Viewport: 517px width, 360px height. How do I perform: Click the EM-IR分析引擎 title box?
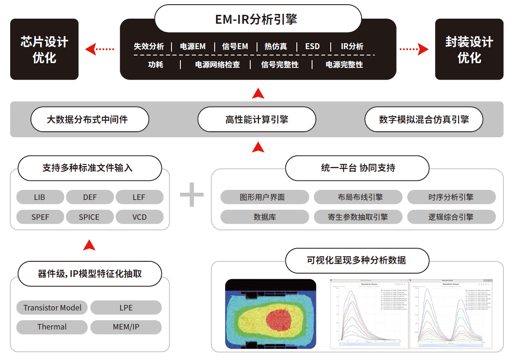[257, 19]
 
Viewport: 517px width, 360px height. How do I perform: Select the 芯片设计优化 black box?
[44, 50]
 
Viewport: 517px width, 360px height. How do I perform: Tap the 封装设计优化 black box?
[469, 50]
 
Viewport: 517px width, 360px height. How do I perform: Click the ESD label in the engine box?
[312, 47]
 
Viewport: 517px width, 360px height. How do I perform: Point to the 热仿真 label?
[276, 47]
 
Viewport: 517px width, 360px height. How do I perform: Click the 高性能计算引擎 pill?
[257, 119]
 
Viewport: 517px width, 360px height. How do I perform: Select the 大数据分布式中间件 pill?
[90, 119]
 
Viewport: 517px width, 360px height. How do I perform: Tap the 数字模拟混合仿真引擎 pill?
[424, 119]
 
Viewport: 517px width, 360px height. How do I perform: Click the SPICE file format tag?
[89, 217]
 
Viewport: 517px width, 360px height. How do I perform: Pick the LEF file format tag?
[139, 197]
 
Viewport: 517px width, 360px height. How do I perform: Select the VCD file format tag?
[139, 217]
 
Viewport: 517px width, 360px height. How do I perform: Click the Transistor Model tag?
[53, 308]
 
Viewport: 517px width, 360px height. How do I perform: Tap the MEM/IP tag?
[126, 327]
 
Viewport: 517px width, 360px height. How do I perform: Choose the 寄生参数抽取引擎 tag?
[358, 217]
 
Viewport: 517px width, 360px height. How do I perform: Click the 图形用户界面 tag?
[265, 197]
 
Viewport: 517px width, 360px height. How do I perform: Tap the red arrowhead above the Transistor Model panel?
[89, 245]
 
